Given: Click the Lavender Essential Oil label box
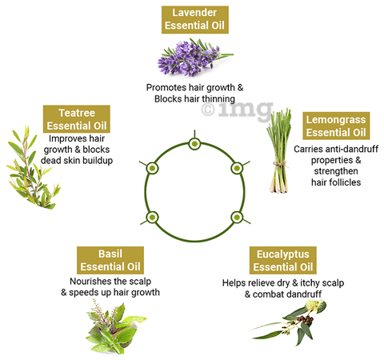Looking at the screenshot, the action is pos(195,19).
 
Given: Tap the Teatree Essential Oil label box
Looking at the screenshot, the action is pos(77,119).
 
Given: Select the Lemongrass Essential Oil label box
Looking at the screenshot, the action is pos(336,126).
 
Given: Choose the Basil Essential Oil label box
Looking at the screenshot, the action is pos(110,260).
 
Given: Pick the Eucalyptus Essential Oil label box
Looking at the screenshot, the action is pos(283,260).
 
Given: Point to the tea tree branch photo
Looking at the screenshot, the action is pos(33,167).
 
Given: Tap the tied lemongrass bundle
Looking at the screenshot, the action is pos(278,150).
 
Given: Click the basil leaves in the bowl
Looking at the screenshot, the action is pos(115,327).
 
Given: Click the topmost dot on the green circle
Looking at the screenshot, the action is pos(194,144).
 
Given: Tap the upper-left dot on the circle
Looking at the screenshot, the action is pos(152,168).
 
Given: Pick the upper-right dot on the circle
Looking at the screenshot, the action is pos(237,168).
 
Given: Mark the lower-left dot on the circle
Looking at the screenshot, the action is pos(152,218).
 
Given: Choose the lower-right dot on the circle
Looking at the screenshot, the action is pos(237,218).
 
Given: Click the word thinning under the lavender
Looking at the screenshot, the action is pos(218,99).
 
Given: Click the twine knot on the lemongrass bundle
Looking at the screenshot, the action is pos(279,164).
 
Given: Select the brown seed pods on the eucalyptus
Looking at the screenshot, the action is pos(306,320).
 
